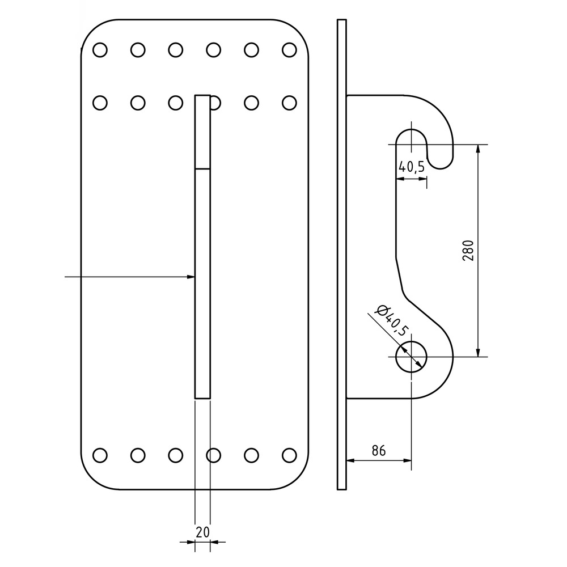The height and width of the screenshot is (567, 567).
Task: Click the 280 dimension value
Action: pyautogui.click(x=468, y=250)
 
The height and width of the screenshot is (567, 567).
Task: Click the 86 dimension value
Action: pyautogui.click(x=379, y=451)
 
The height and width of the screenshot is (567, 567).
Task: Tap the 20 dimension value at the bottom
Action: pyautogui.click(x=202, y=532)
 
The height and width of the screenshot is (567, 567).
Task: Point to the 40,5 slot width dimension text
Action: pyautogui.click(x=412, y=167)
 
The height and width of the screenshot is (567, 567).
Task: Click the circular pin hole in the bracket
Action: pyautogui.click(x=411, y=357)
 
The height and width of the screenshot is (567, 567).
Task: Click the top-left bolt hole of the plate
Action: pyautogui.click(x=100, y=50)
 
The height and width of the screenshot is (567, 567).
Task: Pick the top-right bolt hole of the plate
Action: pyautogui.click(x=289, y=50)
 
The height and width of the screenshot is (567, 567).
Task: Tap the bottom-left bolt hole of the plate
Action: pyautogui.click(x=100, y=455)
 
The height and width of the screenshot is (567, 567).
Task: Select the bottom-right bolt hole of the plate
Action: pyautogui.click(x=289, y=455)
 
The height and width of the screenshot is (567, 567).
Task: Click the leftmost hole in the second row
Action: pyautogui.click(x=100, y=103)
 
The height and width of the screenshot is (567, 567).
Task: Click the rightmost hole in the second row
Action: pyautogui.click(x=289, y=103)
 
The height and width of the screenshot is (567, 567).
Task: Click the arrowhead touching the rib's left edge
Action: pyautogui.click(x=191, y=277)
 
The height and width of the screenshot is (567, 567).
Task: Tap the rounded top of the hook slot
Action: pyautogui.click(x=411, y=134)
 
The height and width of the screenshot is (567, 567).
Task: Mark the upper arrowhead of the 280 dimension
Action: pyautogui.click(x=479, y=149)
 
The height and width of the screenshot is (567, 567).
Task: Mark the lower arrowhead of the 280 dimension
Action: pyautogui.click(x=479, y=352)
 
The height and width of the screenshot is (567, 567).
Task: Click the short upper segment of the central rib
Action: pyautogui.click(x=202, y=132)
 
